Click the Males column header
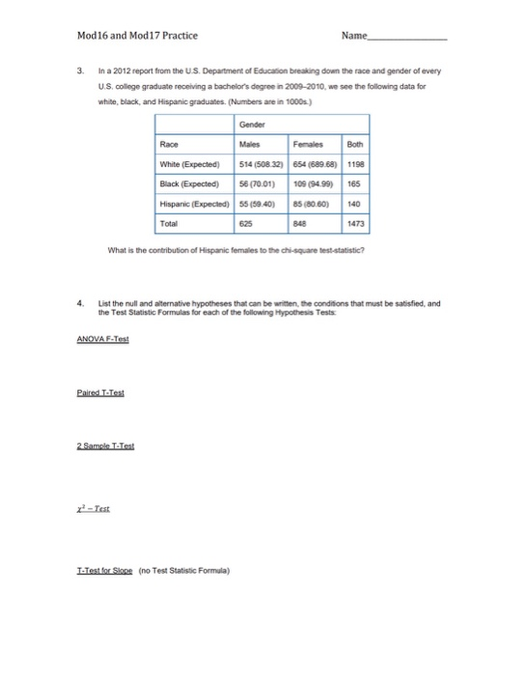248,170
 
